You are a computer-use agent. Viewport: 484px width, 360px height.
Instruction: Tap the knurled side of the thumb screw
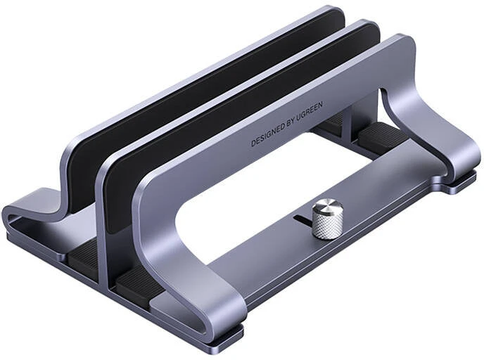[x=328, y=225]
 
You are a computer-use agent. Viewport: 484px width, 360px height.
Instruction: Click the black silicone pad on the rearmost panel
[x=204, y=93]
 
